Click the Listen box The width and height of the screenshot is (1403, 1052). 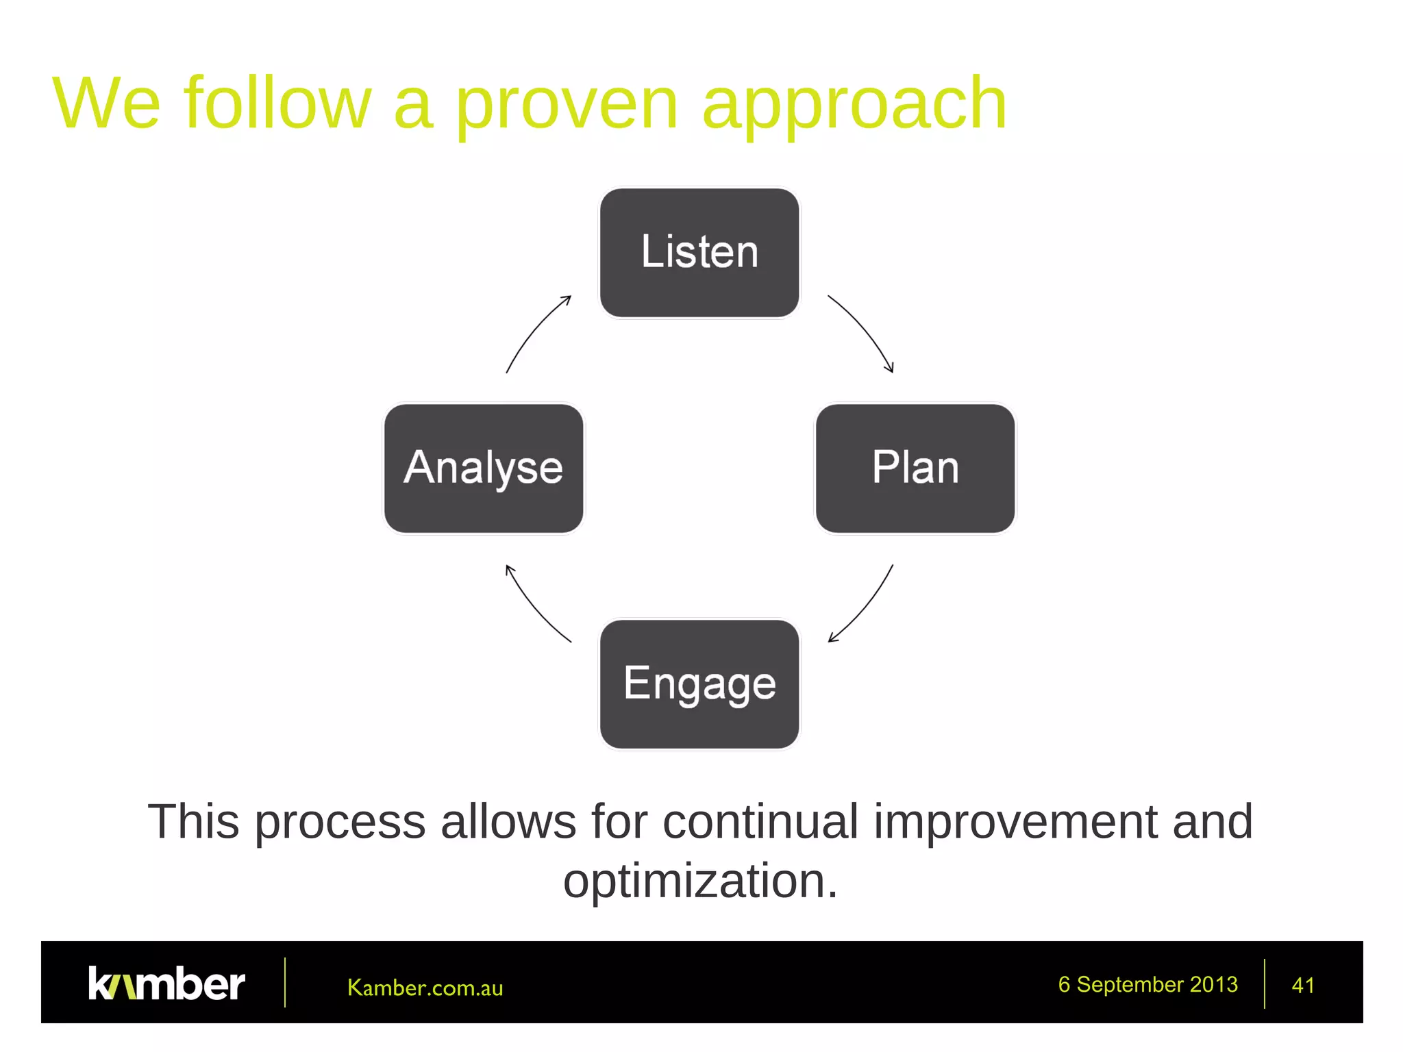coord(699,253)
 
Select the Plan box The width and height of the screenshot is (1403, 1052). coord(915,468)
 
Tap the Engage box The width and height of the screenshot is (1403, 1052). coord(699,684)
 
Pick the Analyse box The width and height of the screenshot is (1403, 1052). coord(484,468)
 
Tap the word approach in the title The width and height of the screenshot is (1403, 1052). coord(854,104)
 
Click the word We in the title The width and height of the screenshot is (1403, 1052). coord(106,104)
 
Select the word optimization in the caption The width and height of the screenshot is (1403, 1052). coord(700,881)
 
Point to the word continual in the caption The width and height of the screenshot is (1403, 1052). coord(760,821)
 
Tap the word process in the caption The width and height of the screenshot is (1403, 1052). coord(340,821)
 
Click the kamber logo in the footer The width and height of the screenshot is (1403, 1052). coord(166,984)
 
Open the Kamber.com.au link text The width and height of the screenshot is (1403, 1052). coord(425,988)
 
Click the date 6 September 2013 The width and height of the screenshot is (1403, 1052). coord(1147,984)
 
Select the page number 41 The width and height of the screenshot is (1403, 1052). coord(1302,986)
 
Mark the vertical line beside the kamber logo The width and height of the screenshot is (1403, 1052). coord(285,983)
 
